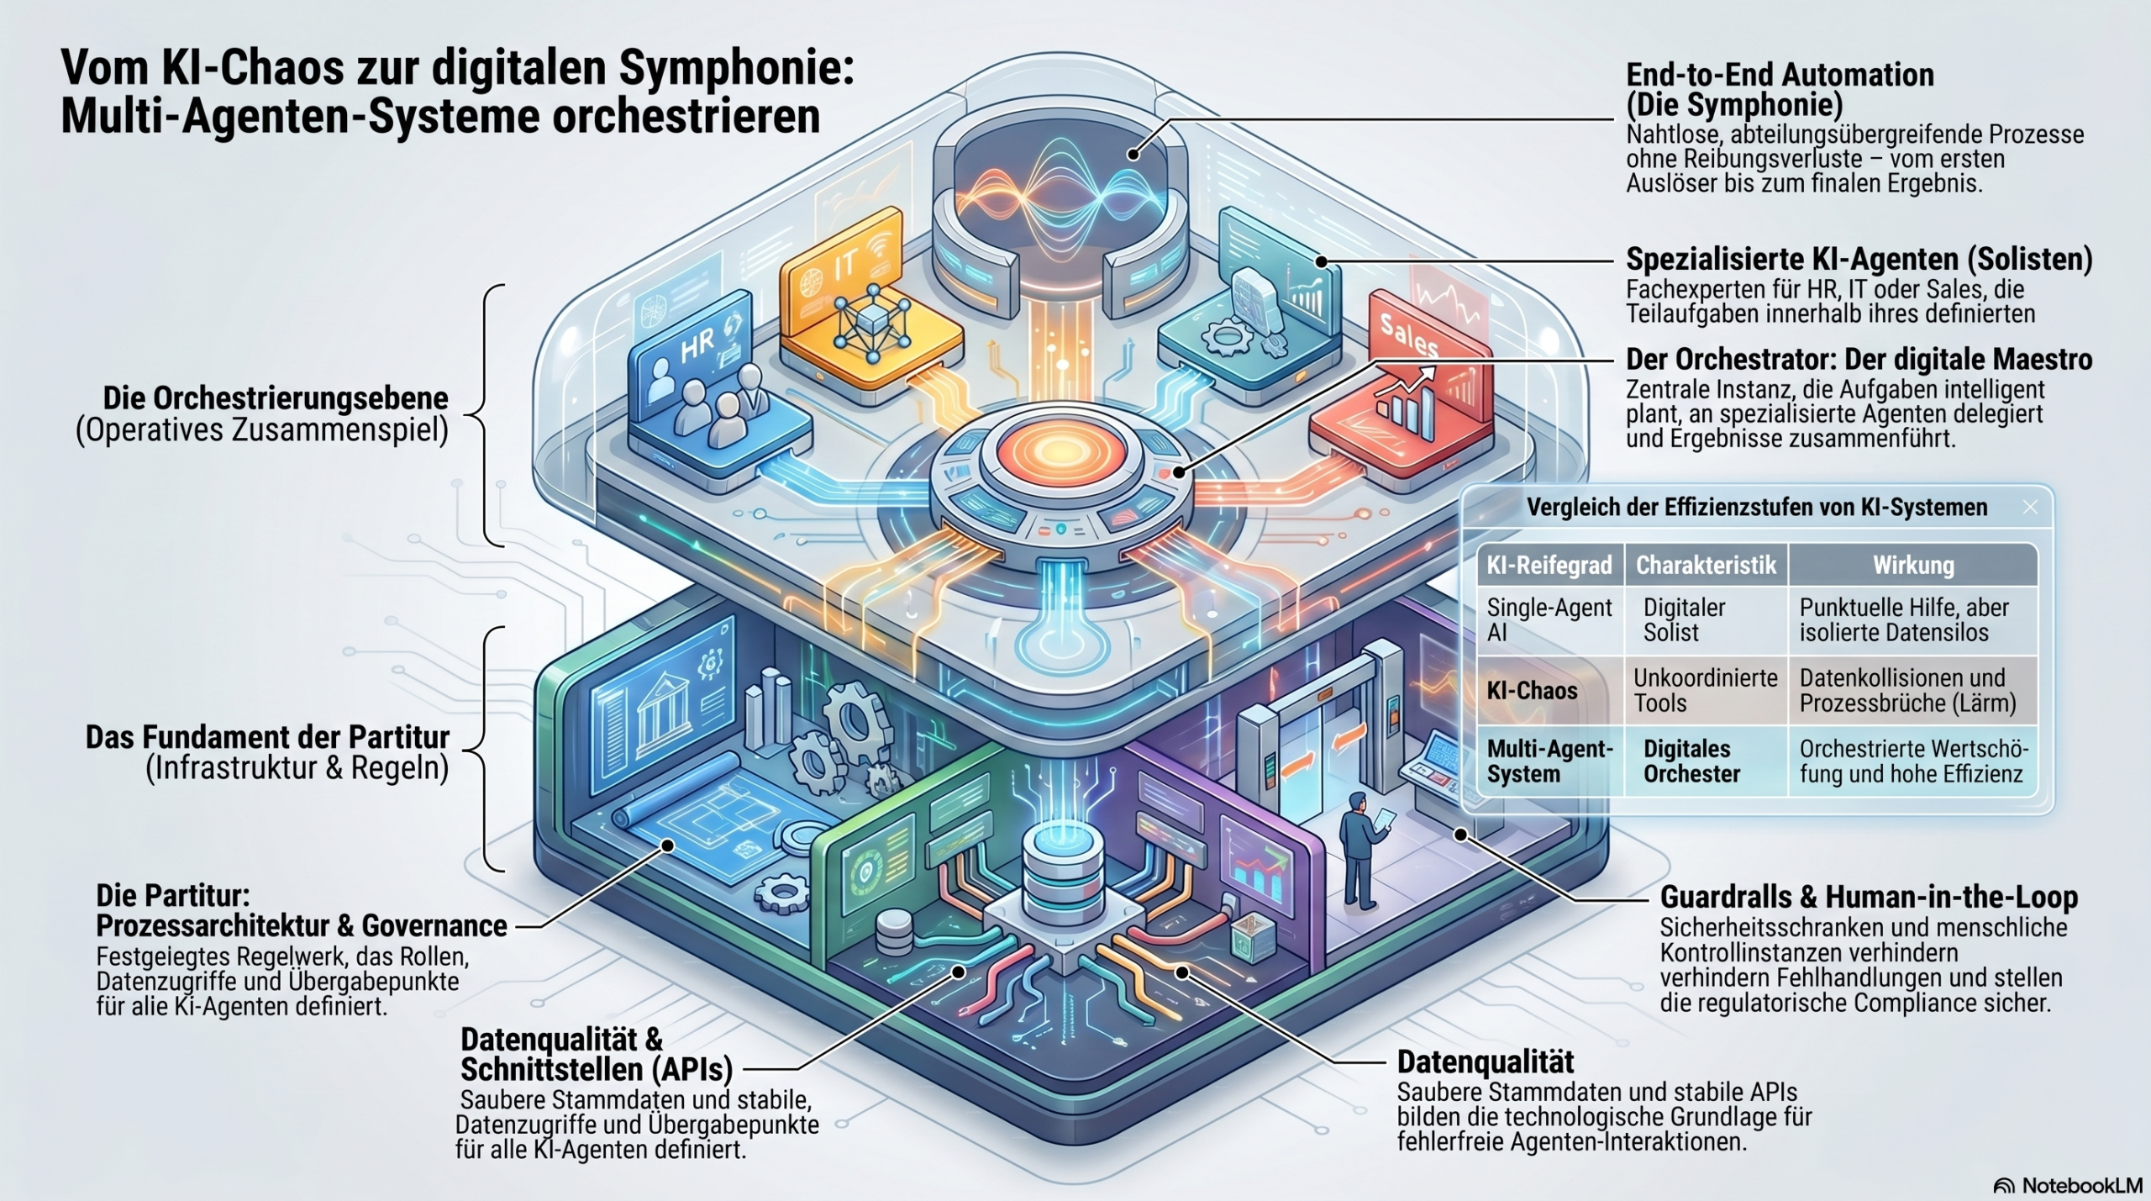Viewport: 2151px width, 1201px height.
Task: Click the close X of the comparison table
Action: pyautogui.click(x=2030, y=507)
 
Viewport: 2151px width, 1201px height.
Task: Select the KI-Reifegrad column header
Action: pyautogui.click(x=1549, y=565)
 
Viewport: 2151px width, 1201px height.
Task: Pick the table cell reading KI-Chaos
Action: pyautogui.click(x=1532, y=691)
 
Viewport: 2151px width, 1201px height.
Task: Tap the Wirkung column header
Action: pyautogui.click(x=1913, y=565)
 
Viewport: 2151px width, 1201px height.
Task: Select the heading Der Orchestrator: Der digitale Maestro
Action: pyautogui.click(x=1859, y=360)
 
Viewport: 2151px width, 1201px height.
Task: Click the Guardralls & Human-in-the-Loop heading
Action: pyautogui.click(x=1869, y=898)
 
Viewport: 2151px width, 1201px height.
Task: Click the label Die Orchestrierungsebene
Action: pyautogui.click(x=276, y=398)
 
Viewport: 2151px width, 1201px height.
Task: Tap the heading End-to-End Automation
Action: pyautogui.click(x=1780, y=74)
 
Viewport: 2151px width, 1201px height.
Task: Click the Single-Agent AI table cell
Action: pyautogui.click(x=1549, y=620)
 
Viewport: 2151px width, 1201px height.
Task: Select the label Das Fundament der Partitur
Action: pyautogui.click(x=267, y=737)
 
